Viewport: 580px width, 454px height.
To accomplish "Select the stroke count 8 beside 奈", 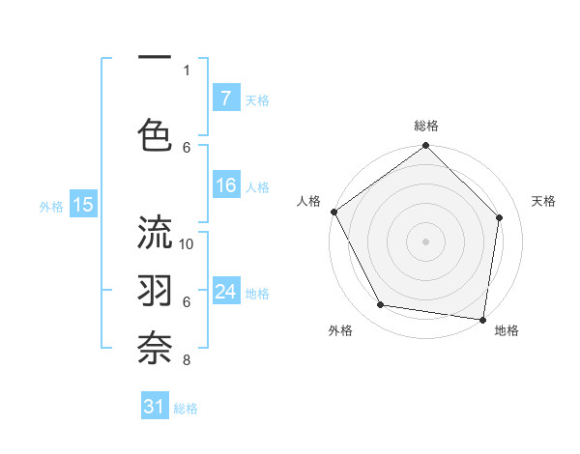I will pyautogui.click(x=187, y=360).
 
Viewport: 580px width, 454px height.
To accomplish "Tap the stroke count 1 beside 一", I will pyautogui.click(x=187, y=70).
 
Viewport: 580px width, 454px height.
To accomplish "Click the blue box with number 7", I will pyautogui.click(x=225, y=99).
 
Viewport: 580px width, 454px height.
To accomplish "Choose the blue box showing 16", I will pyautogui.click(x=225, y=186).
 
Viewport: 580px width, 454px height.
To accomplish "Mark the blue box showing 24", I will pyautogui.click(x=225, y=292).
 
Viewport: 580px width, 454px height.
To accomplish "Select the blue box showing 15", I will pyautogui.click(x=83, y=204).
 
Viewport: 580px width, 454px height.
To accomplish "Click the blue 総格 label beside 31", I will pyautogui.click(x=186, y=409).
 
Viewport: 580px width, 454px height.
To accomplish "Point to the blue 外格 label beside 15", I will pyautogui.click(x=51, y=206).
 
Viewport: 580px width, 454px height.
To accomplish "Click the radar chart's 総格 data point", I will pyautogui.click(x=425, y=146).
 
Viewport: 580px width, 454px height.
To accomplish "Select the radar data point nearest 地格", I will pyautogui.click(x=482, y=319).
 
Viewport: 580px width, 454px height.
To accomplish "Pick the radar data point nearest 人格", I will pyautogui.click(x=334, y=212).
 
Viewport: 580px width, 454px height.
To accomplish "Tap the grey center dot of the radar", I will pyautogui.click(x=425, y=241).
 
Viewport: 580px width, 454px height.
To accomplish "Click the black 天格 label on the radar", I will pyautogui.click(x=544, y=201).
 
